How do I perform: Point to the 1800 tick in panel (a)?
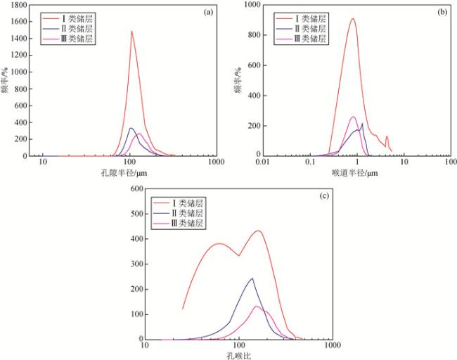[x=18, y=5]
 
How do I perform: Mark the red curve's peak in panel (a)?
[x=131, y=31]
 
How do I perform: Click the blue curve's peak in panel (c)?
[x=252, y=278]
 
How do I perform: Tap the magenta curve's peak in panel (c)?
[x=257, y=306]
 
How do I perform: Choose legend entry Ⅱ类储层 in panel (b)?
[x=307, y=29]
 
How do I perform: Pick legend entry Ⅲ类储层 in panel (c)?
[x=184, y=223]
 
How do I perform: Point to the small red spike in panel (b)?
[x=387, y=137]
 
